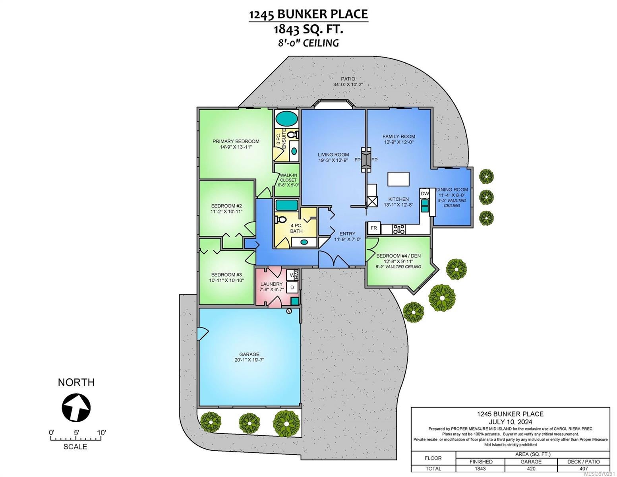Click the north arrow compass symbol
pos(76,407)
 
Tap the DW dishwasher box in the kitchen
pos(424,194)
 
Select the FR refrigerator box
pos(374,228)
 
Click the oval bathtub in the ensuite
pos(287,119)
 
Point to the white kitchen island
pos(398,179)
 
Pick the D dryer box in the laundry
pos(292,287)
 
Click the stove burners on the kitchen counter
pos(399,229)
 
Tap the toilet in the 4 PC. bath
pos(281,219)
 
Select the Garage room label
pos(249,354)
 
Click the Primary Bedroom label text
pos(236,141)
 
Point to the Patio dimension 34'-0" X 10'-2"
pos(348,84)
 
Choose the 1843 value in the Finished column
pos(480,469)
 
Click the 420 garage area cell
pos(531,469)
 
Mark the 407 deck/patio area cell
pos(584,469)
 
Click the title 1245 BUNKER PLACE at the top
pos(308,14)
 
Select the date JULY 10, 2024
pos(510,422)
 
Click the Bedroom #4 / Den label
pos(394,256)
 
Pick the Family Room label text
pos(398,136)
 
